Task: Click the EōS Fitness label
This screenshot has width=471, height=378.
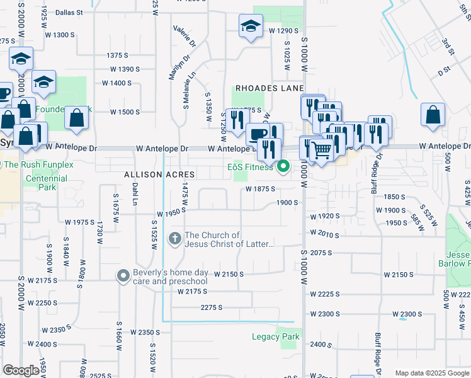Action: [x=250, y=167]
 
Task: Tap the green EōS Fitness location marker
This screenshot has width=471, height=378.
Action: [x=283, y=167]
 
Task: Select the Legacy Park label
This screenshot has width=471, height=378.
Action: [x=275, y=336]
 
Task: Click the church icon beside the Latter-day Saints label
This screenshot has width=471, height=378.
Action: [x=174, y=239]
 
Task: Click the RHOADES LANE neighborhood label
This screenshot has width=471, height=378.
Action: [x=270, y=88]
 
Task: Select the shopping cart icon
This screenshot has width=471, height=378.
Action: [x=321, y=149]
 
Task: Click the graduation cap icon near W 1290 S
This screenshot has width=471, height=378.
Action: [x=251, y=27]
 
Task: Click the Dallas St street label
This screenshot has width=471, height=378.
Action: [x=69, y=12]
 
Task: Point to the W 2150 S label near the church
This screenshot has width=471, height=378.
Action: [x=229, y=275]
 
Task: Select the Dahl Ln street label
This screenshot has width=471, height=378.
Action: [x=134, y=194]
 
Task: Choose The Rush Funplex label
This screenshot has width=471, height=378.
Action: [x=38, y=164]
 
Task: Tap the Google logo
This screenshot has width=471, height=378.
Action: [x=21, y=370]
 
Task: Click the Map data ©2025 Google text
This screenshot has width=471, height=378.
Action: [x=432, y=373]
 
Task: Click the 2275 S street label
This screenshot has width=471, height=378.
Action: [x=212, y=307]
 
